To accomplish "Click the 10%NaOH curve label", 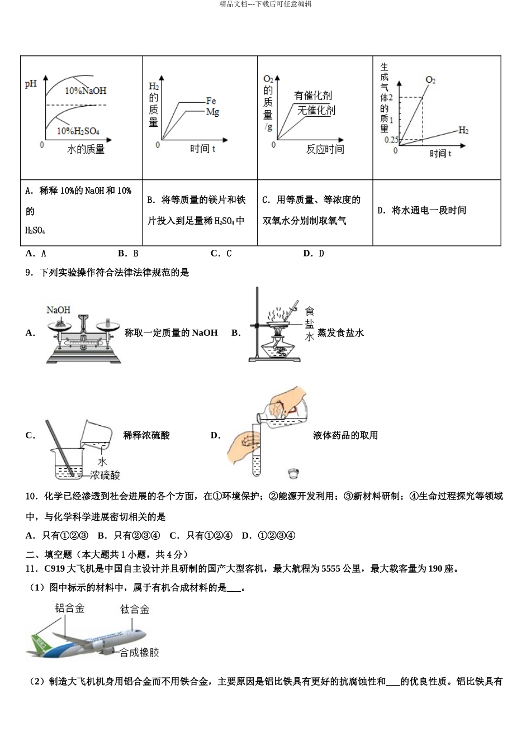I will [x=85, y=91].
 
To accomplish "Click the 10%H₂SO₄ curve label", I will [x=78, y=131].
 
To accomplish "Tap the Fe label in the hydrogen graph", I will [x=211, y=101].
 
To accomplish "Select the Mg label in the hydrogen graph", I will [x=212, y=112].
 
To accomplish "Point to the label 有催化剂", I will [x=313, y=96].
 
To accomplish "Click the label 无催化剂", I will [x=316, y=110].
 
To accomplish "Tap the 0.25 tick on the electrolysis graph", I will [x=391, y=140].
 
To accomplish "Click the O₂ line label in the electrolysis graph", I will [x=430, y=80].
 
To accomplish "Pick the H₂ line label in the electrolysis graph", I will [x=463, y=130].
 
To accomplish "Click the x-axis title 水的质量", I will [x=86, y=149].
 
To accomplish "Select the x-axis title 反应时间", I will [x=325, y=149].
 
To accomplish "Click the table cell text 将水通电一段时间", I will [x=429, y=211].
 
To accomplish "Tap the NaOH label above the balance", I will [x=58, y=310].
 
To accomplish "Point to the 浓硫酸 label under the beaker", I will [x=105, y=476].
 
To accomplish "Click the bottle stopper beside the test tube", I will [x=292, y=474].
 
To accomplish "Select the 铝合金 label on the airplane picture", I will [x=70, y=609].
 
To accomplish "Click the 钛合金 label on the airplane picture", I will [x=135, y=610].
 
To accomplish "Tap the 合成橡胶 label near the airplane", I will [x=140, y=653].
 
